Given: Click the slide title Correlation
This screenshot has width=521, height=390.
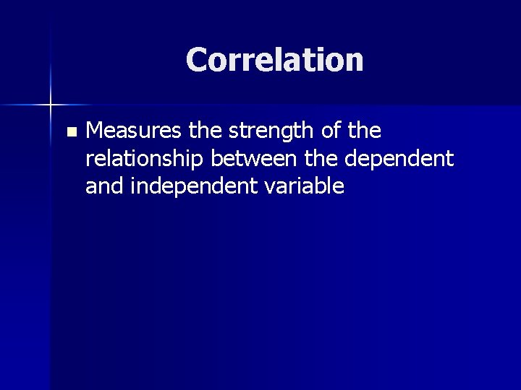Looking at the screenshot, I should [274, 60].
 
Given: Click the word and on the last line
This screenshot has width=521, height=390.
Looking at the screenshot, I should [102, 186].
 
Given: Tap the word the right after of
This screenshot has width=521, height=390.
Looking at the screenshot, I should [363, 132].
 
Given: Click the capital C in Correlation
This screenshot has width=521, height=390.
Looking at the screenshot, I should [197, 60].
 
